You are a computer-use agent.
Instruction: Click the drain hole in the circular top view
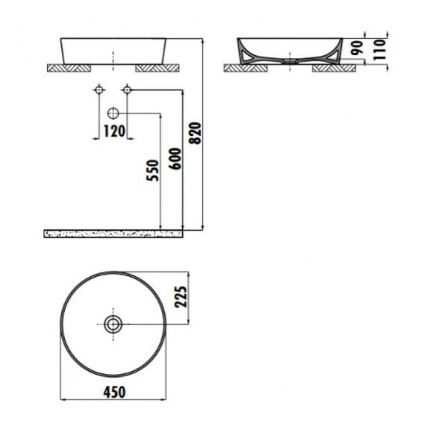click(113, 324)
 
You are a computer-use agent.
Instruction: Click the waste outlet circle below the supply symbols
click(113, 113)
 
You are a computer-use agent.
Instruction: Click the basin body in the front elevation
click(113, 49)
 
